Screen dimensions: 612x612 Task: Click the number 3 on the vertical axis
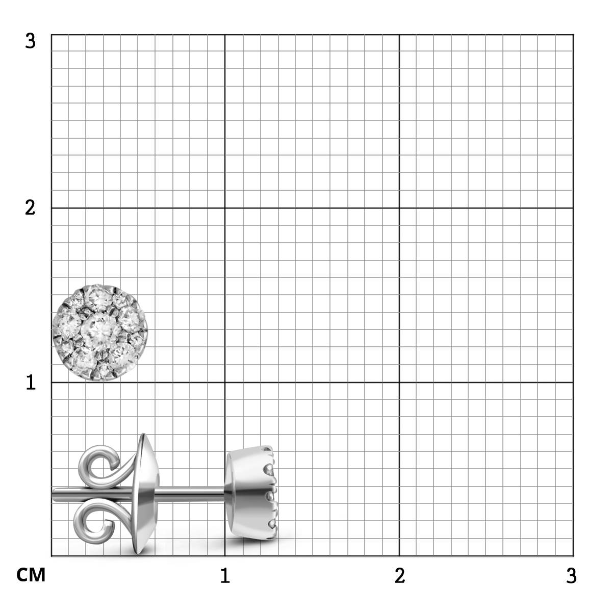31,41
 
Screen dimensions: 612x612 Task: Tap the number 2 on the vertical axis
30,208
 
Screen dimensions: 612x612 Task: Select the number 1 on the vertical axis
31,382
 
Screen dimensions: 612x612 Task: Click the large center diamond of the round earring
101,331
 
